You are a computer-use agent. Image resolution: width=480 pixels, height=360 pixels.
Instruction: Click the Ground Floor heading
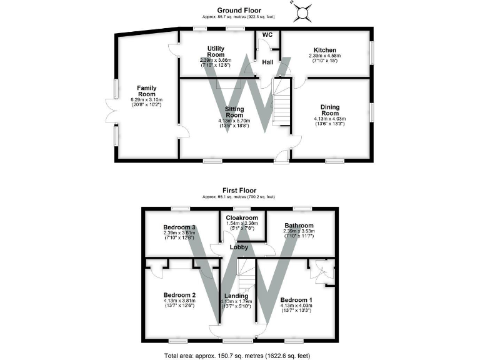point(239,10)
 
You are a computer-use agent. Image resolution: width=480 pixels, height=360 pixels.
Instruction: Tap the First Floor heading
point(239,190)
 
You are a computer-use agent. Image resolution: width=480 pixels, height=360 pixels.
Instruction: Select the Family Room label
point(146,91)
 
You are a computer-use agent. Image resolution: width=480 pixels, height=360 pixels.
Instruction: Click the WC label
point(267,35)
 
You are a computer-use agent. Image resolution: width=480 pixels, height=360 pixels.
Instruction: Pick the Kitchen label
point(325,50)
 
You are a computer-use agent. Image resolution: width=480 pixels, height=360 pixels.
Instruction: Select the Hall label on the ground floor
point(267,62)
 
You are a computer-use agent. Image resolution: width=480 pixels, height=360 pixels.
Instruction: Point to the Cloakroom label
point(242,218)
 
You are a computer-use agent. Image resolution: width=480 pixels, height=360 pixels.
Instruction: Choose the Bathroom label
point(299,226)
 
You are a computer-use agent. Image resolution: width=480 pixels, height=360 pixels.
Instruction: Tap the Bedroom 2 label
point(180,294)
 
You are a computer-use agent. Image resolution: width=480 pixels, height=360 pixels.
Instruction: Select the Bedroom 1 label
point(297,300)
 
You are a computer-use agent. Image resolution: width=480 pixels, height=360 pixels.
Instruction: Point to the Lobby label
point(239,247)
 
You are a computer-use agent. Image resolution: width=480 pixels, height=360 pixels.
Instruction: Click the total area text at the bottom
point(239,354)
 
